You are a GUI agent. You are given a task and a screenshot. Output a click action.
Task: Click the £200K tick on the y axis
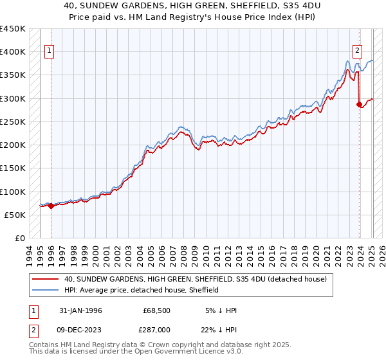coord(13,145)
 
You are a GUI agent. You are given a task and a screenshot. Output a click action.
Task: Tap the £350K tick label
coord(13,75)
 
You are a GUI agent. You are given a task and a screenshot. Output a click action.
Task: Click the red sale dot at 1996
coord(51,206)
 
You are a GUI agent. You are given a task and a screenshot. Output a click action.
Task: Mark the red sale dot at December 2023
coord(359,104)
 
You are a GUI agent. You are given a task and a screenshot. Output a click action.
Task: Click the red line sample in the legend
coord(45,279)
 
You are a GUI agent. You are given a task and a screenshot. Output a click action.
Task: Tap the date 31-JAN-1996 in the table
coord(81,310)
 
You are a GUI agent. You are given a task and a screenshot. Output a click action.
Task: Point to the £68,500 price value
coord(157,310)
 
